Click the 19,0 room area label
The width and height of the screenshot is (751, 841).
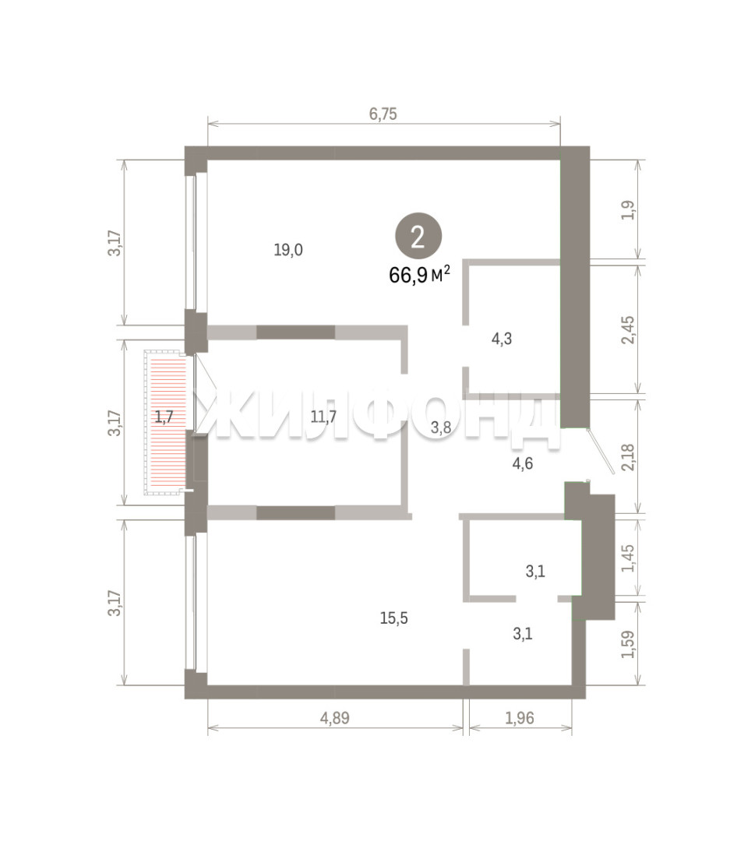click(288, 250)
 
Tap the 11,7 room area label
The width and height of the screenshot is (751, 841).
click(323, 416)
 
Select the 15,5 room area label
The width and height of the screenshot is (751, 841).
click(393, 618)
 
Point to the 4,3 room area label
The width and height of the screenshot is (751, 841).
click(502, 339)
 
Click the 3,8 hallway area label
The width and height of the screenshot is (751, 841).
click(441, 428)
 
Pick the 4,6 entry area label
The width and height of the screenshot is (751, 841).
click(523, 463)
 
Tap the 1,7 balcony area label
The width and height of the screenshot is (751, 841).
click(164, 416)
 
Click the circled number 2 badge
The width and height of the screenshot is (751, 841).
click(418, 237)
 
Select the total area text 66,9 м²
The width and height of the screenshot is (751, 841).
click(419, 275)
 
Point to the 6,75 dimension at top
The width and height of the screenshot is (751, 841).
click(383, 114)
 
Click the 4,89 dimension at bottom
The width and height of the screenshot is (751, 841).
click(335, 718)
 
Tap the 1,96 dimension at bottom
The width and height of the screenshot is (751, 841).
click(520, 718)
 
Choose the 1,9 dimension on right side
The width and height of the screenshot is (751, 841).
click(628, 209)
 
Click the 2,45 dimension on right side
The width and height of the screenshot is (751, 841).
click(628, 330)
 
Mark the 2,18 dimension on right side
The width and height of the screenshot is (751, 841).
click(628, 458)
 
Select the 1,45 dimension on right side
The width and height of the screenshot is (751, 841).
click(628, 558)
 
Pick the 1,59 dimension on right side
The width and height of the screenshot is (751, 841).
click(628, 645)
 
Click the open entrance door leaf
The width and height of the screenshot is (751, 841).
click(601, 452)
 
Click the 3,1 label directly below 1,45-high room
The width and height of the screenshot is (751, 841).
click(523, 634)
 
